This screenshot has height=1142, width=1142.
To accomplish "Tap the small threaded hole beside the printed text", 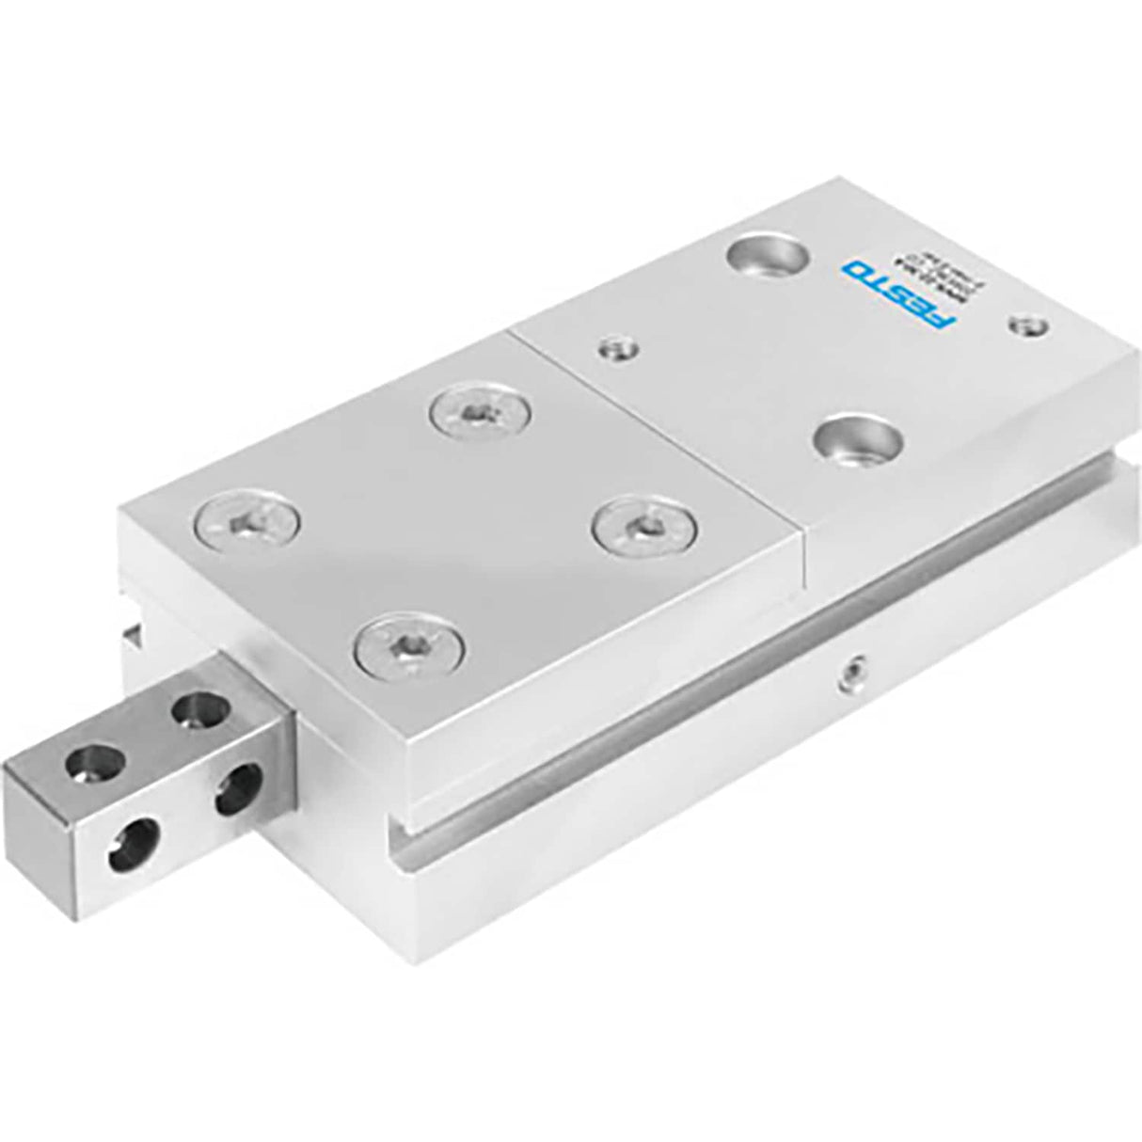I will [x=1024, y=327].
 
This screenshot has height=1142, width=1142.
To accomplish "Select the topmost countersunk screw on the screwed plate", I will [x=480, y=413].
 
